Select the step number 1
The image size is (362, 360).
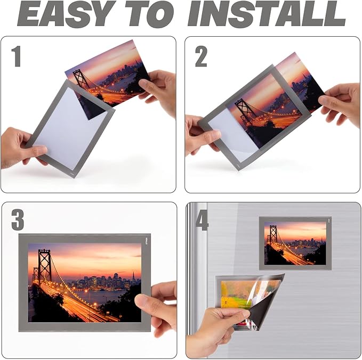coord(17,55)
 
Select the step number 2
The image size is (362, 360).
coord(201,55)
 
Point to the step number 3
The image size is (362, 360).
coord(18,219)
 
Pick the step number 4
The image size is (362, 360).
coord(202,219)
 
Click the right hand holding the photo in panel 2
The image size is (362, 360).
coord(341,101)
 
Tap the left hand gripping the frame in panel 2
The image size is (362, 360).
coord(202,136)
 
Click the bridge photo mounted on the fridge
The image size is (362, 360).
coord(295,243)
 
